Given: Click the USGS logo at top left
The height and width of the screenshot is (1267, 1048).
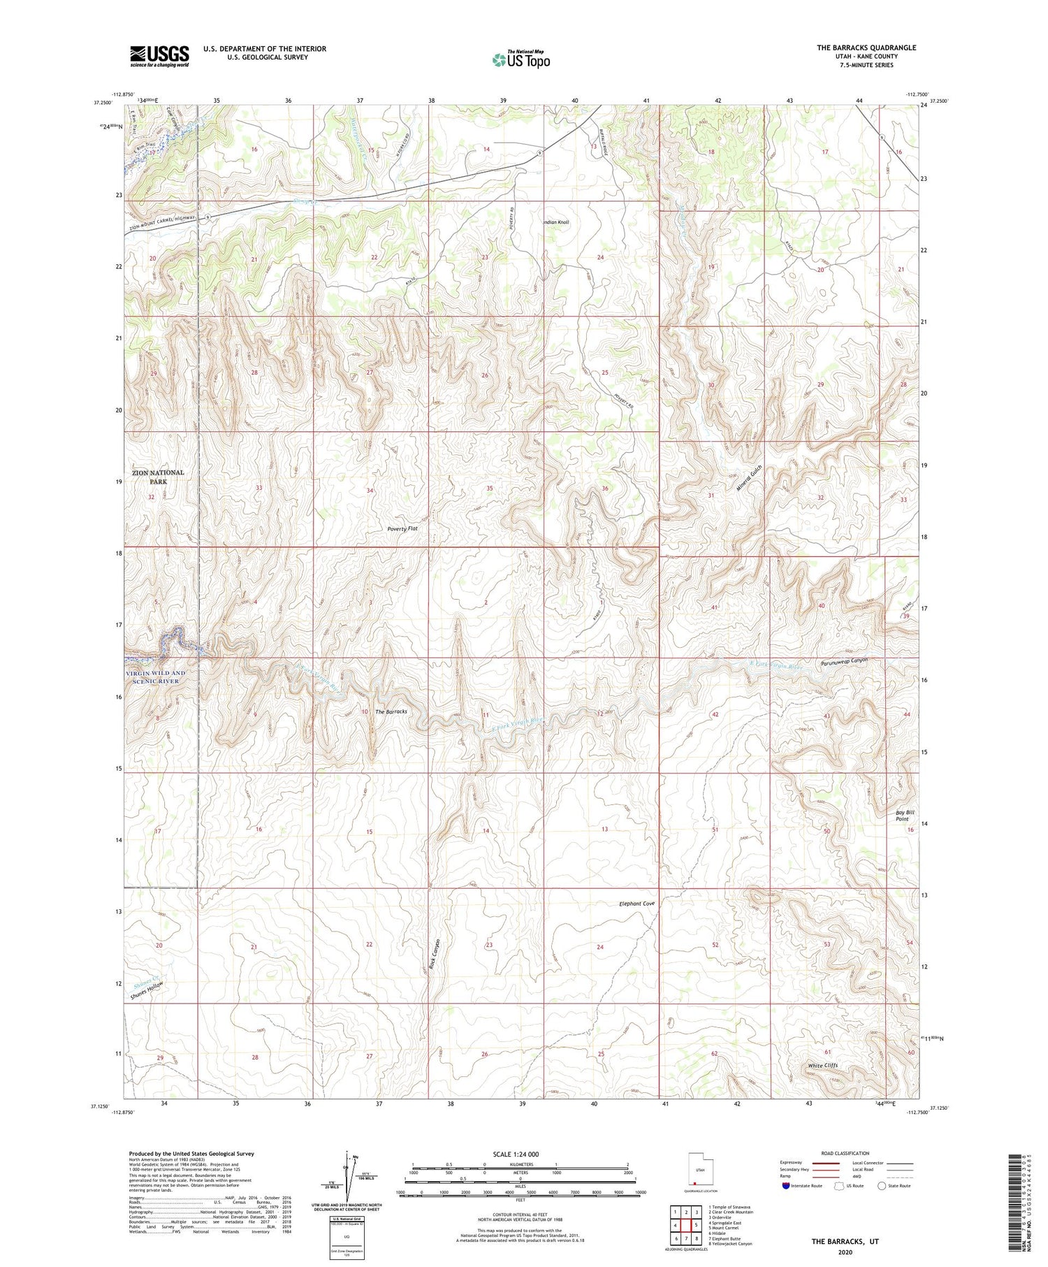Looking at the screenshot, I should coord(159,56).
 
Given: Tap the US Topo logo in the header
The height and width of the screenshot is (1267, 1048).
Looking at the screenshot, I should coord(521,60).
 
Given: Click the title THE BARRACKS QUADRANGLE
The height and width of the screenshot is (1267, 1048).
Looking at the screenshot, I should coord(866,48).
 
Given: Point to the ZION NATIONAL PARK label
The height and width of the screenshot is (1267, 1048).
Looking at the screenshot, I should coord(158,477).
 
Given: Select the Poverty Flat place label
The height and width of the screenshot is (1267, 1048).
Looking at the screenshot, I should coord(402,529).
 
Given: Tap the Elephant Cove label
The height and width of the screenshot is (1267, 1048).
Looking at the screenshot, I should coord(636,904).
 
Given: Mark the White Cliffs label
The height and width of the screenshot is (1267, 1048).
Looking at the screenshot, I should coord(822,1065).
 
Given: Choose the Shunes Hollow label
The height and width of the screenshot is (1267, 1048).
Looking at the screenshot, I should coord(147,992).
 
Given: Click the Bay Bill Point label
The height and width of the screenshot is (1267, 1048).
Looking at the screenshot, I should coord(905,816).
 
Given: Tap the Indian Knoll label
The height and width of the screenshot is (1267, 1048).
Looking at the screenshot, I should coord(555,222).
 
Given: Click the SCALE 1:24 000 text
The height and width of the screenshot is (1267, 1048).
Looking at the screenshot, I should coord(520,1154).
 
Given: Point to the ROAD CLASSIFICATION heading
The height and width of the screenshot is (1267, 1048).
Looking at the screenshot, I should coord(845,1153).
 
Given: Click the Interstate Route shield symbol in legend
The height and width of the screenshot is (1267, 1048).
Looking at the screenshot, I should coord(786,1186).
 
